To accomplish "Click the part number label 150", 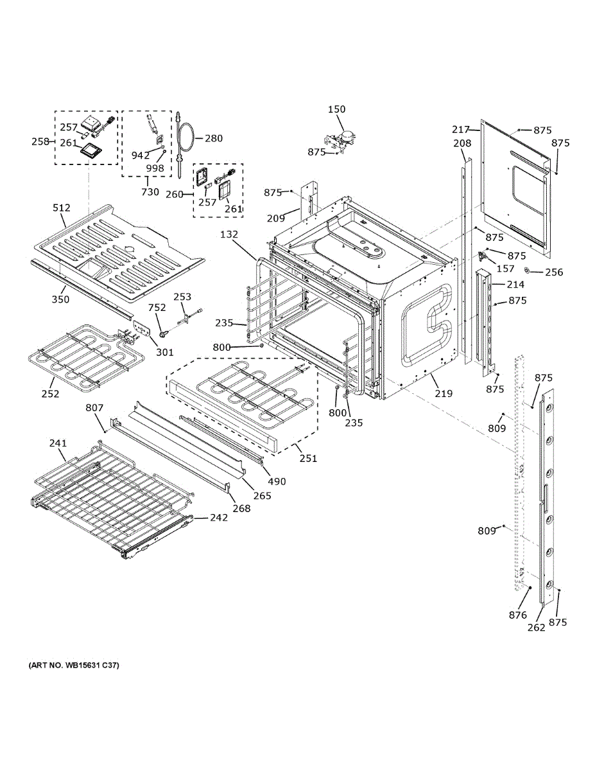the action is click(336, 109).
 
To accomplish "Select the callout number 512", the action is click(62, 208).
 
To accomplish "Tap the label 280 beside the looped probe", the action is click(214, 138).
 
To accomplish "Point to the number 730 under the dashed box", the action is click(150, 192).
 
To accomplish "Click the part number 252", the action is click(50, 394).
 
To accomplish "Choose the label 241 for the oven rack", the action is click(58, 443).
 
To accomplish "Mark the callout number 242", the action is click(219, 518).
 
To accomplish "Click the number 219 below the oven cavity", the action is click(444, 393).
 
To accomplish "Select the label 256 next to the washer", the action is click(554, 272).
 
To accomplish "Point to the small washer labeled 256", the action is click(527, 270).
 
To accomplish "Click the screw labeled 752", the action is click(164, 333).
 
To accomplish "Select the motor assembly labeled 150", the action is click(341, 141).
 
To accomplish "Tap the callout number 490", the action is click(277, 481).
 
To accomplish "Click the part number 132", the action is click(229, 235).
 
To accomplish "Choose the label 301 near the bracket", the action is click(165, 352).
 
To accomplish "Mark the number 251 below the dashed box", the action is click(308, 458).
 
